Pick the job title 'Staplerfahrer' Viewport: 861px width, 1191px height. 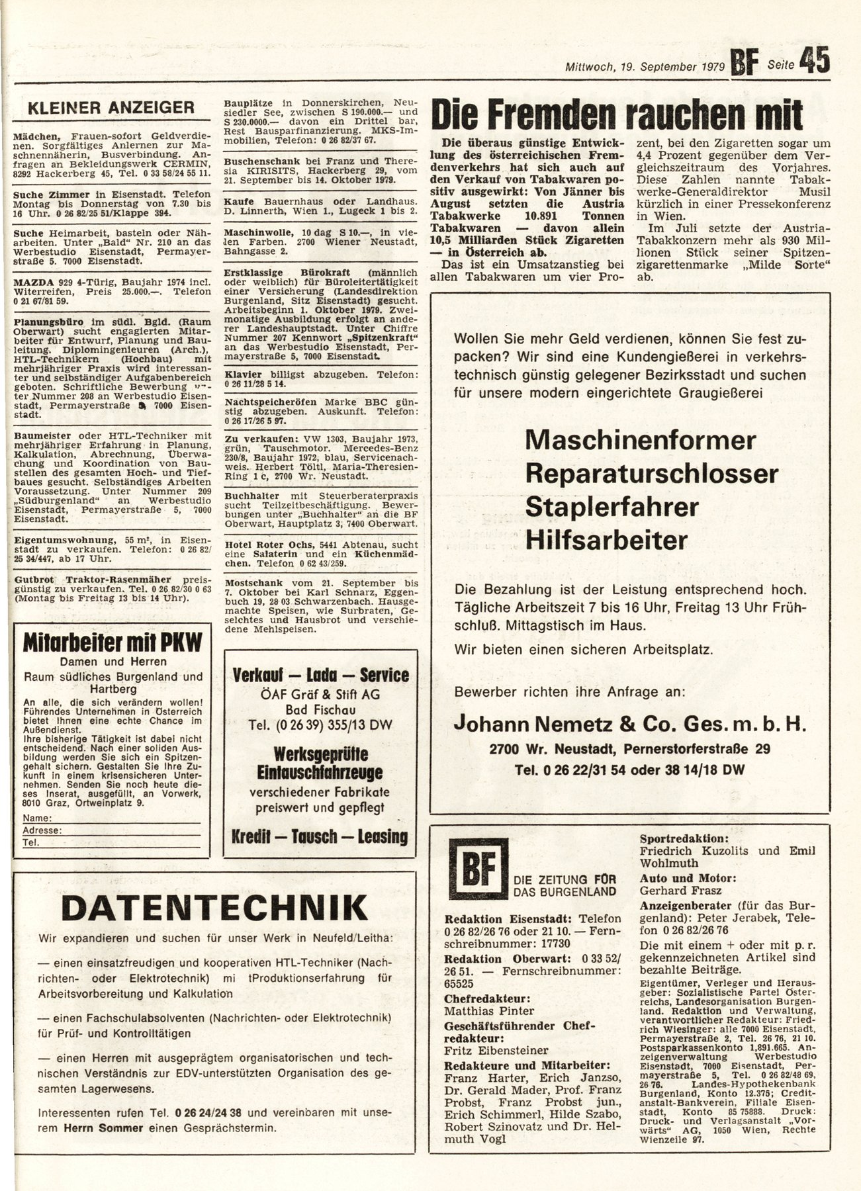click(x=612, y=507)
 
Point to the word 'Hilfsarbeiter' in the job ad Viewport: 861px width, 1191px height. click(x=606, y=541)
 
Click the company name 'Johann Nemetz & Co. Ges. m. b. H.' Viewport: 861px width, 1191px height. click(x=630, y=725)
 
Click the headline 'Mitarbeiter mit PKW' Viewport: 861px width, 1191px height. click(x=112, y=642)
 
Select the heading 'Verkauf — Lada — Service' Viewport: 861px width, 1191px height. click(x=321, y=675)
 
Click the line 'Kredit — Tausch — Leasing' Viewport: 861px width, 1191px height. click(x=320, y=836)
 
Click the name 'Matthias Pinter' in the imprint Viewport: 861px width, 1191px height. click(x=489, y=1010)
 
